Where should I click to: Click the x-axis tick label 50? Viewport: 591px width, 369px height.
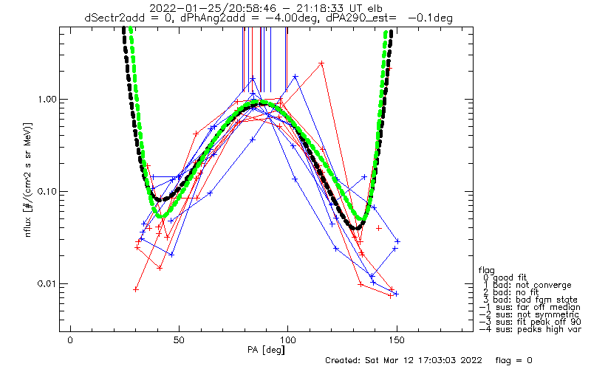tap(179, 340)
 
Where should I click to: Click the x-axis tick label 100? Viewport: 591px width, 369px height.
tap(287, 340)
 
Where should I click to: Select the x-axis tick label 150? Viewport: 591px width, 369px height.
tap(397, 340)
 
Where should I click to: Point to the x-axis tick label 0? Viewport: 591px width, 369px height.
tap(70, 340)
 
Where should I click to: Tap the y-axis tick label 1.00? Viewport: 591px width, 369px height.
tap(47, 100)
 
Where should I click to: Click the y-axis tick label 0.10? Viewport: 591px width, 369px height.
tap(47, 191)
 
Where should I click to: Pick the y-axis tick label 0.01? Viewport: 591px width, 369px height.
tap(47, 283)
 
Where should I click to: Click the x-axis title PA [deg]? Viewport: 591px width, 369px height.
tap(266, 350)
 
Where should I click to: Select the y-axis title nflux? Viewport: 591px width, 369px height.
tap(28, 227)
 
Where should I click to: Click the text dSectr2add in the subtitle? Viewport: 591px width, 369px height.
tap(114, 18)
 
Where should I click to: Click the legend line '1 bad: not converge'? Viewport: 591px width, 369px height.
tap(527, 285)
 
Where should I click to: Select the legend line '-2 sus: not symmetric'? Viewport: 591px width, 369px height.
tap(529, 314)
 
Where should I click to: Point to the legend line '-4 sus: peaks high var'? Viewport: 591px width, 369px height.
tap(530, 329)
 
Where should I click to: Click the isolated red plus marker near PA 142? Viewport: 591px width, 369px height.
tap(379, 228)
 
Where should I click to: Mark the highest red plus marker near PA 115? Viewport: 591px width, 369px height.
tap(321, 63)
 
